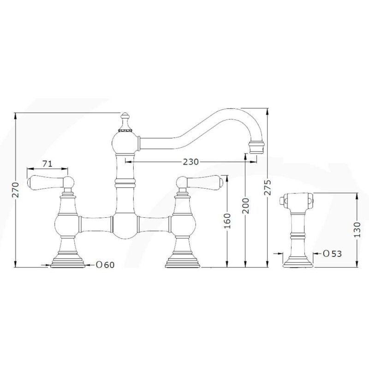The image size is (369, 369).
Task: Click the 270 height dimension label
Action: (16, 190)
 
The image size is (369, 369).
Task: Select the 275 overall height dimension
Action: (268, 187)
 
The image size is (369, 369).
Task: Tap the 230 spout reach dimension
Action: (191, 162)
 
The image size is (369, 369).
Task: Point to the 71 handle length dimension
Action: (48, 164)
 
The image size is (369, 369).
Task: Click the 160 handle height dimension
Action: (227, 221)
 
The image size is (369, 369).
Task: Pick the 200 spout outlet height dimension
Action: (245, 206)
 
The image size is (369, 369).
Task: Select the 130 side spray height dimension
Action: (357, 229)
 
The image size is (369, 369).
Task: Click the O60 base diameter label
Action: (105, 265)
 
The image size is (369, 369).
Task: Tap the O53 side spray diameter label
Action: (332, 254)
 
